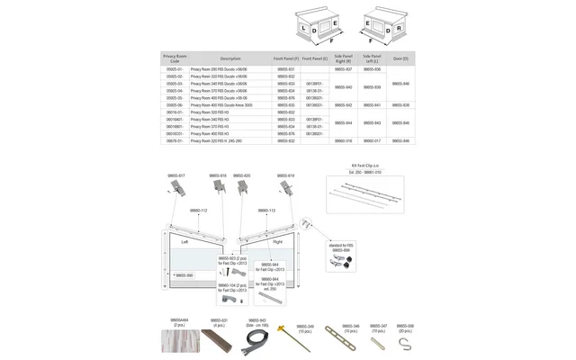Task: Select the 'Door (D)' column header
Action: click(x=400, y=58)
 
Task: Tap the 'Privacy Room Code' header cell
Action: click(x=175, y=58)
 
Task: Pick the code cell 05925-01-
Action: click(x=175, y=69)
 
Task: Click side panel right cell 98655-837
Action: click(x=343, y=69)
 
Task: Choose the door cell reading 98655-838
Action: click(x=400, y=105)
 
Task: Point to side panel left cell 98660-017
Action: click(x=372, y=141)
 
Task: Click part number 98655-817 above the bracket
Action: click(x=176, y=175)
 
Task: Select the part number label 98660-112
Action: click(x=199, y=210)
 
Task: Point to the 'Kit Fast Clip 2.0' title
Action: click(x=365, y=166)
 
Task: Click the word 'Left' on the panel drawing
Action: click(x=184, y=242)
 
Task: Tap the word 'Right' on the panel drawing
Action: click(x=276, y=242)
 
